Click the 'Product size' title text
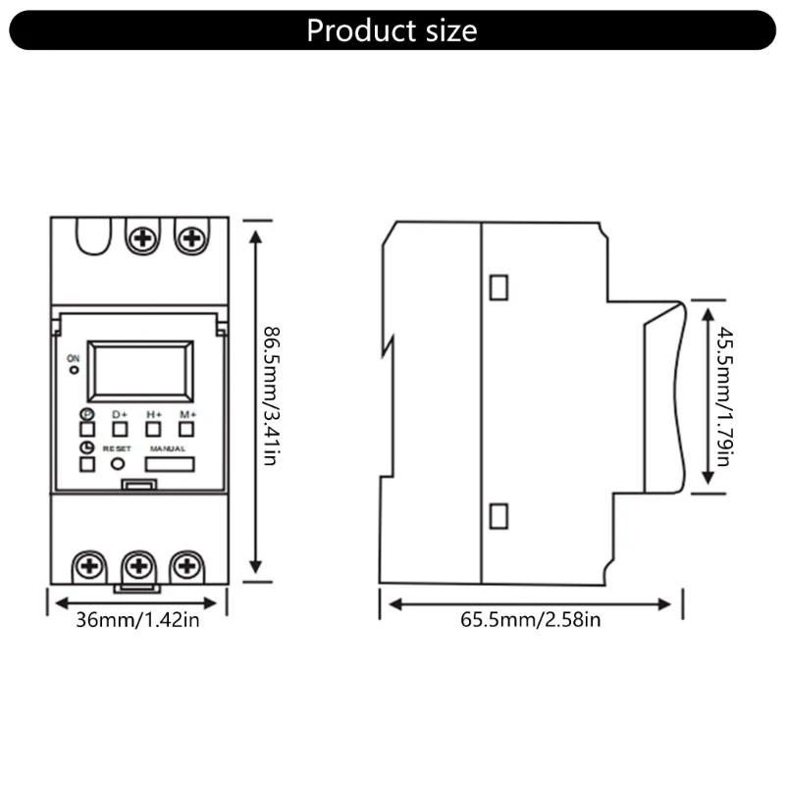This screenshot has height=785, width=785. tap(392, 30)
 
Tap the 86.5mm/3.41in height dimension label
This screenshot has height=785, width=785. tap(269, 396)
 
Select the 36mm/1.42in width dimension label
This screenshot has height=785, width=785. tap(137, 620)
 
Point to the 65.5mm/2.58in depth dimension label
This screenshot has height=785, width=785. tap(531, 620)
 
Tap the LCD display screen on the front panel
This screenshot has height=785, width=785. tap(140, 371)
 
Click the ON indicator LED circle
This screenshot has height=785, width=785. tap(74, 371)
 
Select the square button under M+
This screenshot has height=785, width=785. tap(186, 429)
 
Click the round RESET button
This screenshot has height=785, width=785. tap(119, 464)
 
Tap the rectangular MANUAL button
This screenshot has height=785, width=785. tap(169, 464)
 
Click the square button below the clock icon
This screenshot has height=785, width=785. tap(86, 464)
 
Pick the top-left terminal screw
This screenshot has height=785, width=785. tap(144, 237)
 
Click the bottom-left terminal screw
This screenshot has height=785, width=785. tap(89, 565)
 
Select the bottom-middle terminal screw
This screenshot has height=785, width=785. tap(138, 565)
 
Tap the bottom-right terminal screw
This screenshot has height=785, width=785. tap(186, 565)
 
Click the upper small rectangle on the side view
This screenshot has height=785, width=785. tap(498, 287)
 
